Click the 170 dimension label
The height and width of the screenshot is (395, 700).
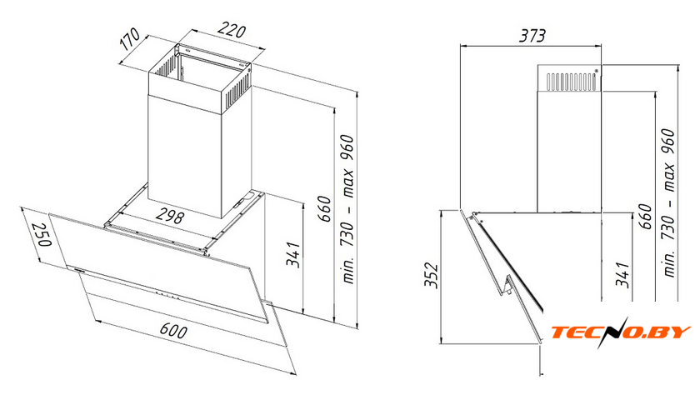(130, 39)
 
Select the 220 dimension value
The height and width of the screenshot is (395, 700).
(232, 31)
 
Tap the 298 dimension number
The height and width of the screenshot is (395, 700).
(170, 216)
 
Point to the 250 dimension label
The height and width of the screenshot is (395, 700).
(43, 234)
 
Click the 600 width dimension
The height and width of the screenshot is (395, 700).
(173, 331)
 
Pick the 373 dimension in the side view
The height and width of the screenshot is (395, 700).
(532, 36)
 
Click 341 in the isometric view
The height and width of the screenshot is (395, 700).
(293, 254)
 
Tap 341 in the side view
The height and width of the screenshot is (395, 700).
(622, 275)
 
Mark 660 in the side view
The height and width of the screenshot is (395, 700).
(646, 217)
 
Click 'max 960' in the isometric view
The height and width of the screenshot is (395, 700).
(347, 167)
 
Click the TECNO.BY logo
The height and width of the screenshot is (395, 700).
(621, 332)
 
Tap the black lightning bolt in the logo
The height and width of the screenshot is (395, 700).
(613, 332)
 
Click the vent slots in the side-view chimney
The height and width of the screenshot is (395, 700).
(571, 82)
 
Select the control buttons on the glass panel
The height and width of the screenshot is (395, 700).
(164, 295)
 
